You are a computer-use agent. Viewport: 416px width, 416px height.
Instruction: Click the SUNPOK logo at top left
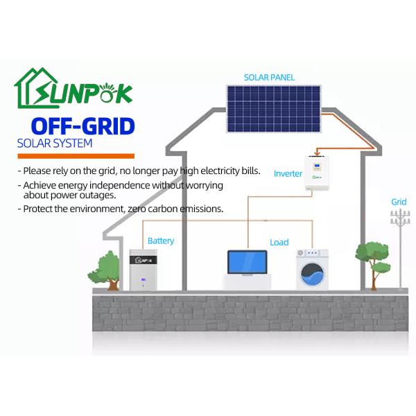(x=73, y=90)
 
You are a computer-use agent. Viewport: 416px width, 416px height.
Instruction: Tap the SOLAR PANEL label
(x=268, y=77)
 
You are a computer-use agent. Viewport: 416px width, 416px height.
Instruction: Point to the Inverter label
(x=288, y=173)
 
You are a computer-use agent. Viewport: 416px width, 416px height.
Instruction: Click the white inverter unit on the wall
(x=320, y=173)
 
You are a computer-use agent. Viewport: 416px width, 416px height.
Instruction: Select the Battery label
(x=161, y=241)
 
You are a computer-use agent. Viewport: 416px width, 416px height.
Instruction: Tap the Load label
(x=279, y=243)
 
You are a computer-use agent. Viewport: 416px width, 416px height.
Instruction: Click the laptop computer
(x=248, y=268)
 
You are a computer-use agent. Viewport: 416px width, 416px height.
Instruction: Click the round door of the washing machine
(x=311, y=275)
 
